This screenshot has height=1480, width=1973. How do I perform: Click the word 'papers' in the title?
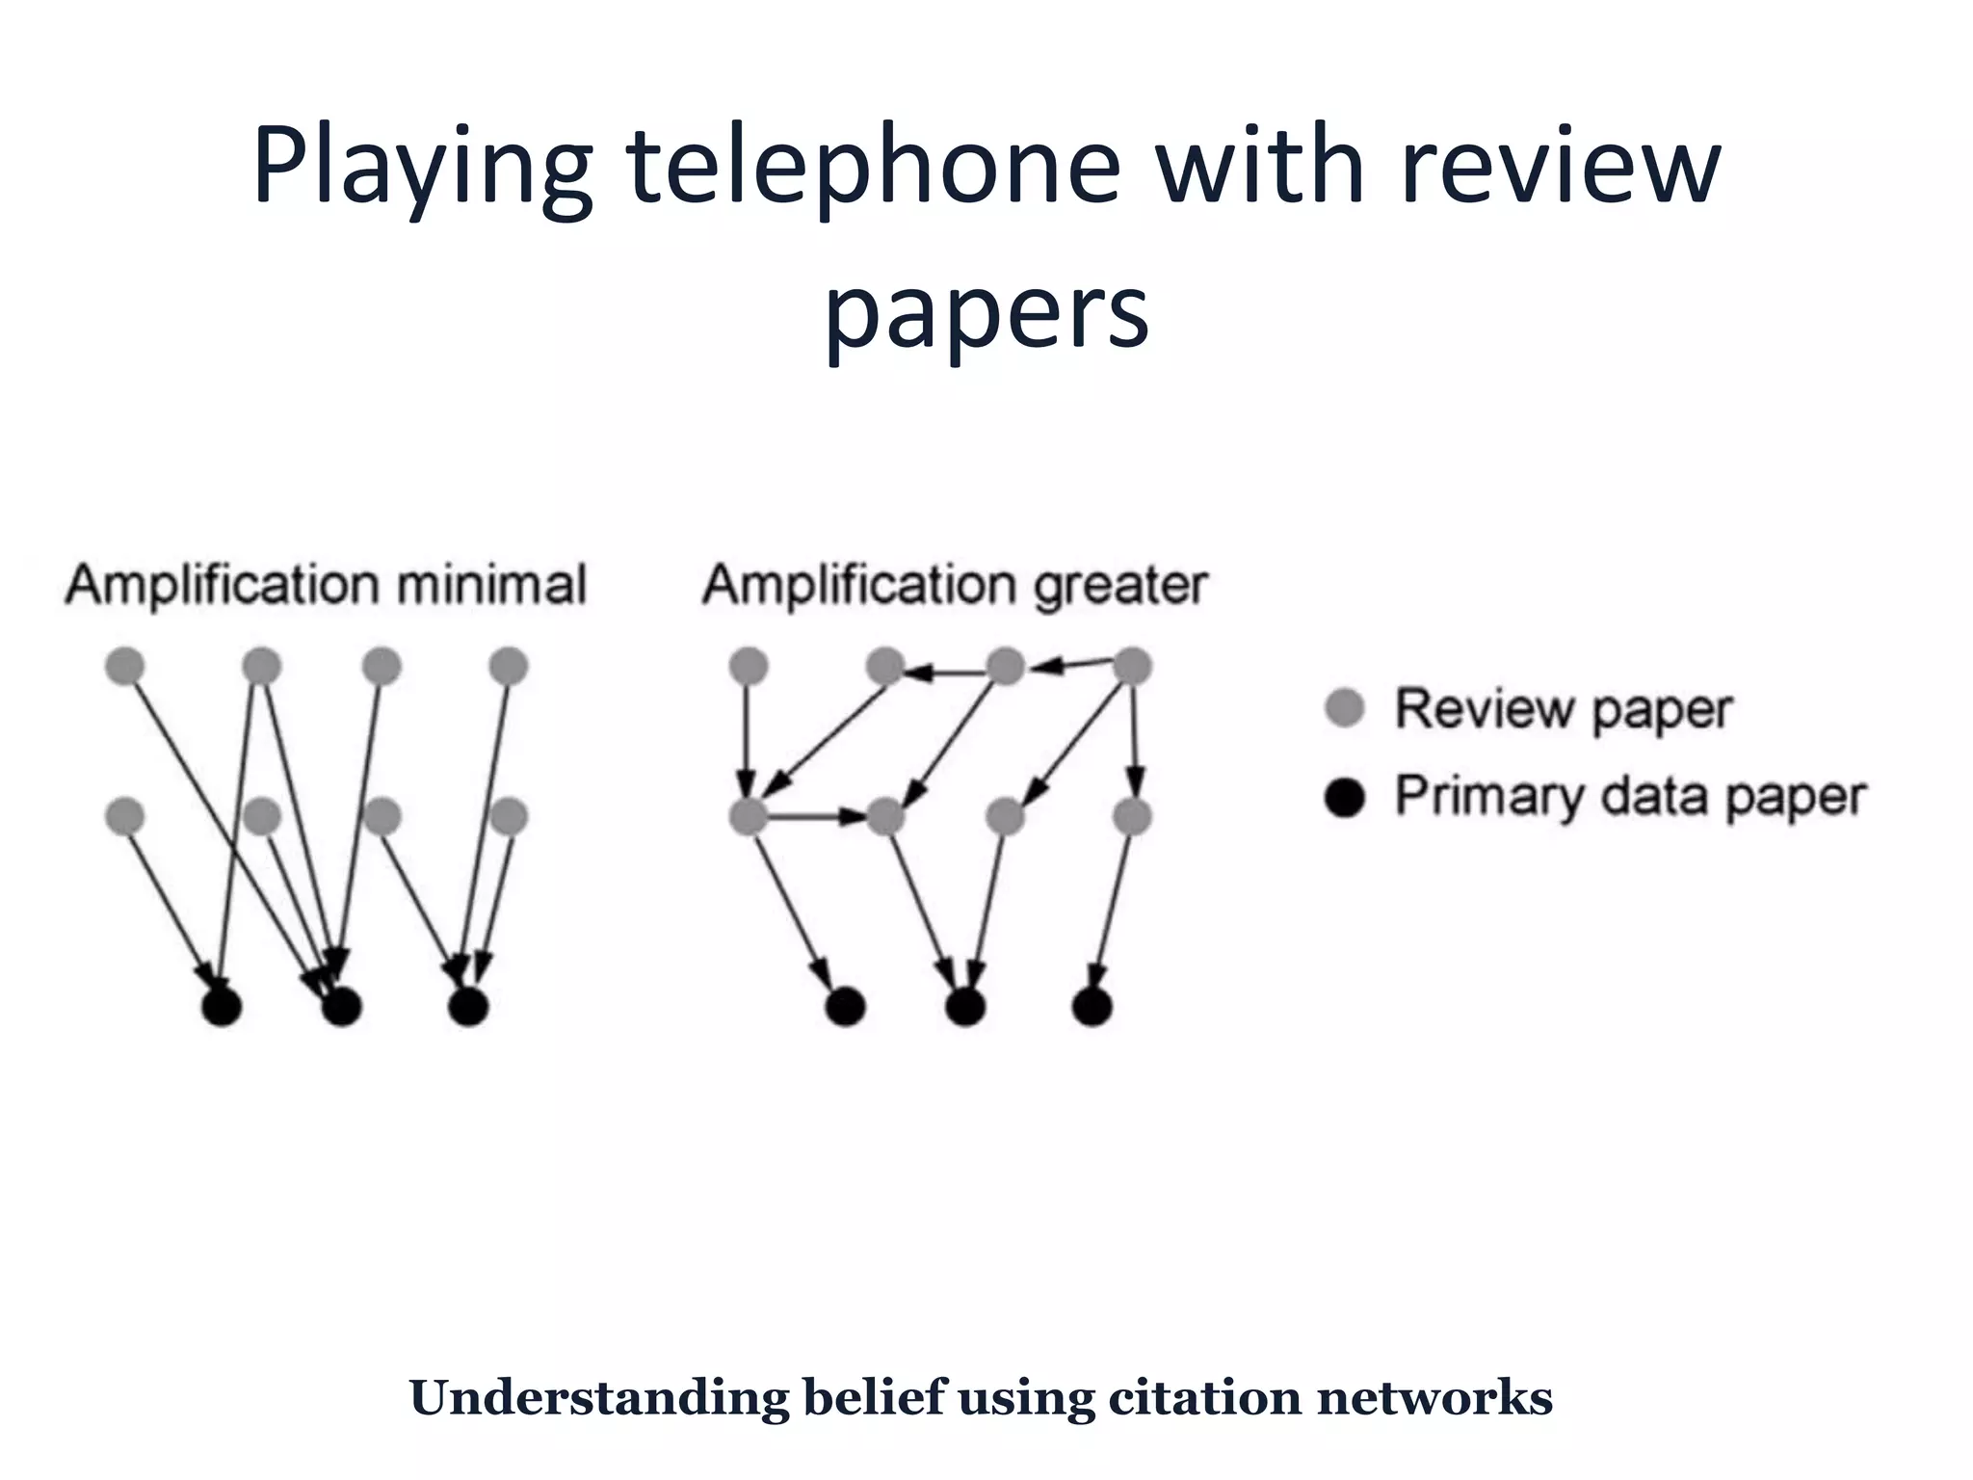coord(986,313)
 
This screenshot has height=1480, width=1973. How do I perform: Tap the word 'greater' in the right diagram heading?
coord(1120,585)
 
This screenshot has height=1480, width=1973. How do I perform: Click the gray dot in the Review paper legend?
coord(1344,708)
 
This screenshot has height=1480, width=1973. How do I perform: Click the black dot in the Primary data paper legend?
coord(1344,797)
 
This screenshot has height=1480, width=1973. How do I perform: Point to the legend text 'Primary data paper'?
coord(1630,797)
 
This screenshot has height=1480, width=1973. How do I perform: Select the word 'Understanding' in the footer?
coord(598,1397)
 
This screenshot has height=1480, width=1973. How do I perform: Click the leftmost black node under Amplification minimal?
coord(222,1007)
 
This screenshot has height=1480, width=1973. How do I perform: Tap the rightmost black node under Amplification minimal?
coord(468,1007)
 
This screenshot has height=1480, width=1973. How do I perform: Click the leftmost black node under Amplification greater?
coord(845,1007)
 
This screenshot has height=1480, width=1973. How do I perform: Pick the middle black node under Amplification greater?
coord(965,1007)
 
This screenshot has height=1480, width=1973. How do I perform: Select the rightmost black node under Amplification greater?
coord(1092,1007)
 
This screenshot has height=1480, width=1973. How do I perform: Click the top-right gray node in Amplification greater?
coord(1132,666)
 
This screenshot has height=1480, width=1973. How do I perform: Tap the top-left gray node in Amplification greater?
coord(749,666)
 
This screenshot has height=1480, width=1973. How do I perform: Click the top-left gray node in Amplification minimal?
coord(124,666)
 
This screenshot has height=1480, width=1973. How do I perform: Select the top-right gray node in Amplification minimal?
coord(509,666)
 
